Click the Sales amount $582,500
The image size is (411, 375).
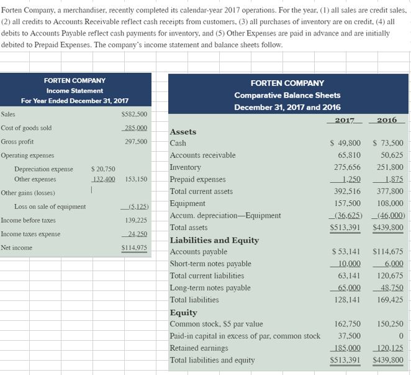pyautogui.click(x=134, y=114)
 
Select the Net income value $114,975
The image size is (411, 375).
pyautogui.click(x=134, y=248)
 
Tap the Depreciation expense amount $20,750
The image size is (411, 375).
pyautogui.click(x=103, y=169)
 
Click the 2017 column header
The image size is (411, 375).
pyautogui.click(x=345, y=119)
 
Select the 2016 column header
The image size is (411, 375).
pyautogui.click(x=388, y=119)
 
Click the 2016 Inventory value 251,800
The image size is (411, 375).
pyautogui.click(x=389, y=167)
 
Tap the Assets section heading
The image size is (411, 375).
pyautogui.click(x=183, y=132)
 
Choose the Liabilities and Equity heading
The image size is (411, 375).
pyautogui.click(x=214, y=240)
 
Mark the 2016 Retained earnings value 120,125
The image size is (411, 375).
pyautogui.click(x=389, y=348)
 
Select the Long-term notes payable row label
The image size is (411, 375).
pyautogui.click(x=210, y=287)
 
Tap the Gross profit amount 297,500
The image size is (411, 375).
pyautogui.click(x=136, y=141)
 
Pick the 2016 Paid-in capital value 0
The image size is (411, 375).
pyautogui.click(x=400, y=336)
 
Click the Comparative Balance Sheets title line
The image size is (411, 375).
pyautogui.click(x=287, y=95)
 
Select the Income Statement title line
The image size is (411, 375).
pyautogui.click(x=75, y=91)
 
